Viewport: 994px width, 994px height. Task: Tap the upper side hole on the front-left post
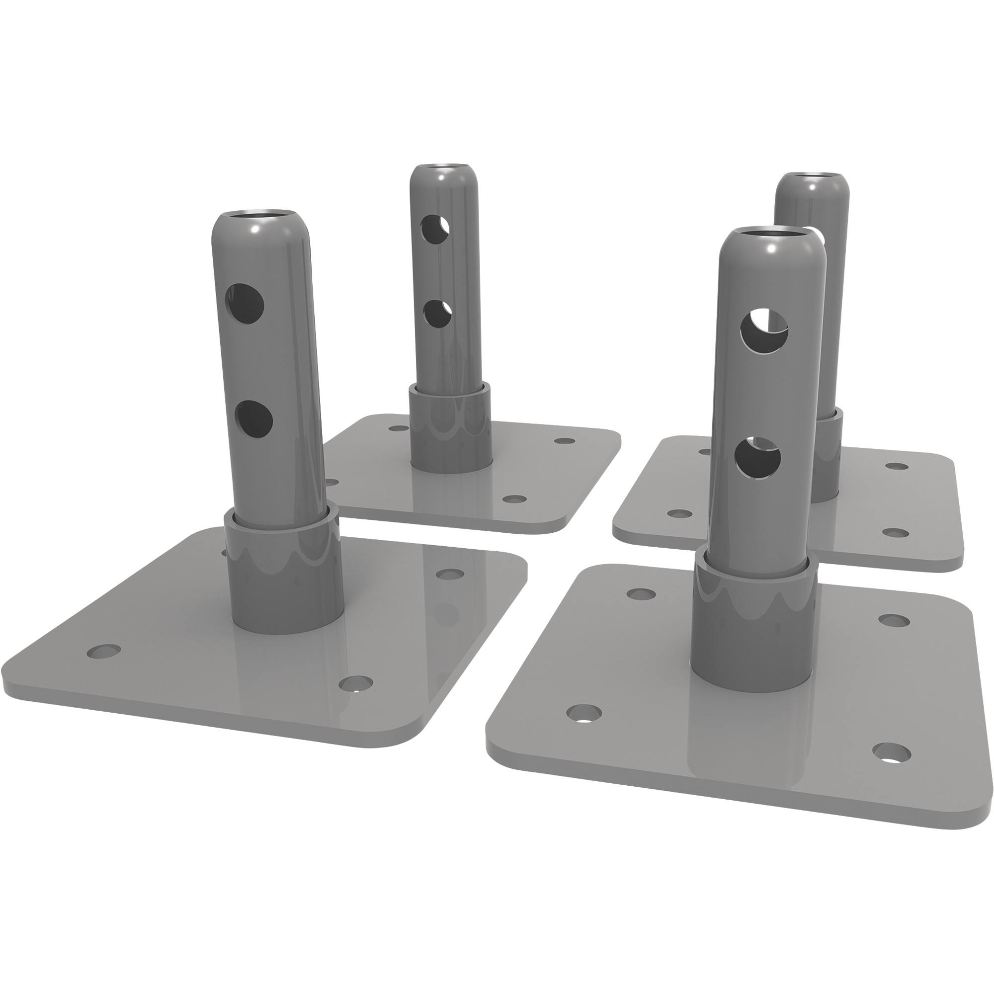click(x=246, y=304)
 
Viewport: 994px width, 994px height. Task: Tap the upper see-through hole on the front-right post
click(x=764, y=331)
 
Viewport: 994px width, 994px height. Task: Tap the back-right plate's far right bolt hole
click(x=897, y=466)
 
